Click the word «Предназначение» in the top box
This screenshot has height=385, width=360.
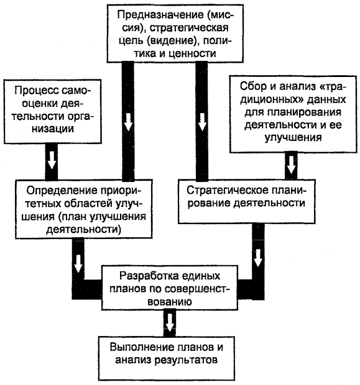[x=160, y=15]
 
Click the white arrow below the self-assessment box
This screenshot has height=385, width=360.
[x=52, y=160]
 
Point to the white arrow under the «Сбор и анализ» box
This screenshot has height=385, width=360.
[x=291, y=165]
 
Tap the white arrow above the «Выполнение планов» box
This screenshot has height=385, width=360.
[x=169, y=322]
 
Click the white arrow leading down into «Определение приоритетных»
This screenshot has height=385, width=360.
[x=128, y=122]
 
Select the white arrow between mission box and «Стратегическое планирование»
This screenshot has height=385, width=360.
[x=202, y=122]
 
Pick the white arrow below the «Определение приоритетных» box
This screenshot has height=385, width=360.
[x=78, y=264]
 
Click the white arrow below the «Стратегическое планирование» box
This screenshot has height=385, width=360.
[x=258, y=258]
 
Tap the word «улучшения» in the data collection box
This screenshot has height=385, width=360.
[x=293, y=137]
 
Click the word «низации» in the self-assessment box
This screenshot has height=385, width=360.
[x=53, y=129]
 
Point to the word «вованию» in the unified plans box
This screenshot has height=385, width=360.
[x=170, y=302]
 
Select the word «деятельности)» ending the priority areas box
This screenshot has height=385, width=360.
[x=84, y=229]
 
